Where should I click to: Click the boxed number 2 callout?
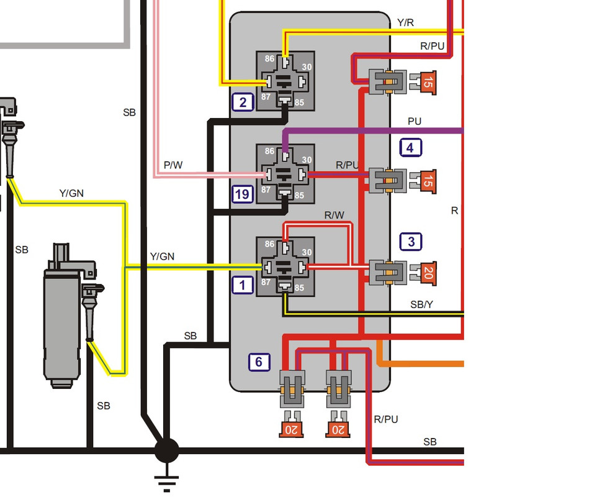pyautogui.click(x=243, y=103)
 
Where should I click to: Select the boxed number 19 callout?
pyautogui.click(x=243, y=194)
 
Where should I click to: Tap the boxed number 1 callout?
pyautogui.click(x=243, y=285)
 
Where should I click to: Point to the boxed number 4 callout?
pyautogui.click(x=410, y=148)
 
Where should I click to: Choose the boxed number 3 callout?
pyautogui.click(x=411, y=242)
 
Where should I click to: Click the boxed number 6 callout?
pyautogui.click(x=259, y=362)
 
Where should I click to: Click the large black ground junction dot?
pyautogui.click(x=167, y=451)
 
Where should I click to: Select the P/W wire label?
pyautogui.click(x=173, y=165)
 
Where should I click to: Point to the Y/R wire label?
pyautogui.click(x=405, y=22)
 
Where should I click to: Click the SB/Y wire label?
pyautogui.click(x=422, y=304)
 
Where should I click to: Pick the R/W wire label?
pyautogui.click(x=334, y=215)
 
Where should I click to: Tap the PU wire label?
pyautogui.click(x=415, y=121)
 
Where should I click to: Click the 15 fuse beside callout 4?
pyautogui.click(x=428, y=181)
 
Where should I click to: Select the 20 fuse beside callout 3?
pyautogui.click(x=428, y=273)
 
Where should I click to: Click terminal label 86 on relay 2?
pyautogui.click(x=269, y=59)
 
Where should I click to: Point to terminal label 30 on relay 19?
pyautogui.click(x=307, y=160)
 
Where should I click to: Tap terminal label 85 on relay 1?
pyautogui.click(x=299, y=288)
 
